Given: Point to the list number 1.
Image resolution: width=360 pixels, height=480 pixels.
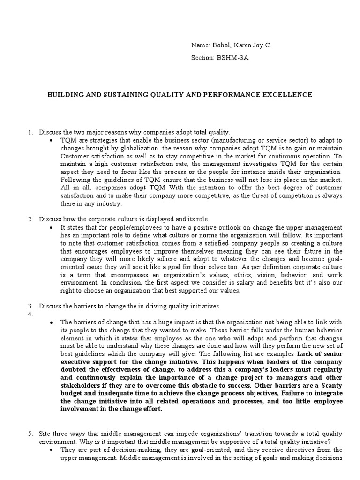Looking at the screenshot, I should (30, 133).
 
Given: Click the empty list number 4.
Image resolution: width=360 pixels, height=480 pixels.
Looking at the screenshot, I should (30, 314).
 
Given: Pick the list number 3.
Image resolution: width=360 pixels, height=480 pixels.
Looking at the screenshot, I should (30, 306).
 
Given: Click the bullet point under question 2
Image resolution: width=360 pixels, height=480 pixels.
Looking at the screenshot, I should (51, 227).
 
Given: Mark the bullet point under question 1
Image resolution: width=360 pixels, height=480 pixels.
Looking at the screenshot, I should (51, 141).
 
